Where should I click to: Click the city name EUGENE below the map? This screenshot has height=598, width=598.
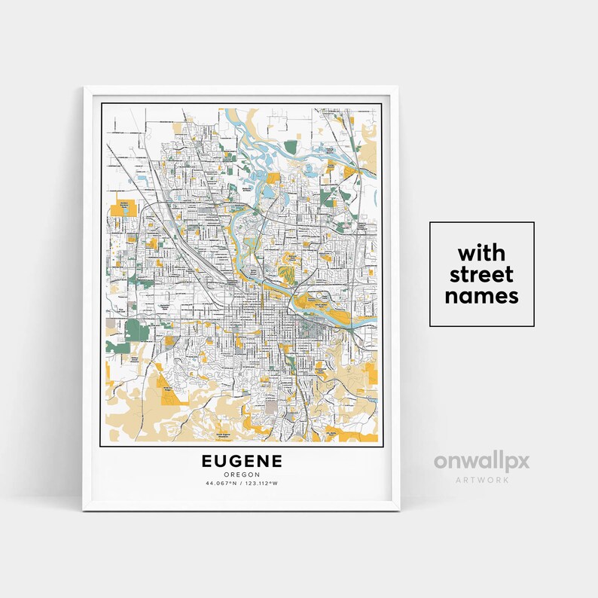[241, 460]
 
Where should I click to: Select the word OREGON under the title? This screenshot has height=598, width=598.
[241, 474]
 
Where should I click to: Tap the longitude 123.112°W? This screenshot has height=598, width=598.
[263, 483]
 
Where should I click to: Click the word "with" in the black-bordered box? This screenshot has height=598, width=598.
[481, 252]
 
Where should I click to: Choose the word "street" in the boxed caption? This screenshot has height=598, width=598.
[481, 274]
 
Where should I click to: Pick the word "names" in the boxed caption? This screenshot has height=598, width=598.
[481, 296]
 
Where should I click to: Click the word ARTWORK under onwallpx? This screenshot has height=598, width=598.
[481, 480]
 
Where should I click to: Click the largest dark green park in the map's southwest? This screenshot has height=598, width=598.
[136, 330]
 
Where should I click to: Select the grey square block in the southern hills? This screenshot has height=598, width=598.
[270, 407]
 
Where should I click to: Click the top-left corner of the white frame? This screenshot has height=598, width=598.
[84, 88]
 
